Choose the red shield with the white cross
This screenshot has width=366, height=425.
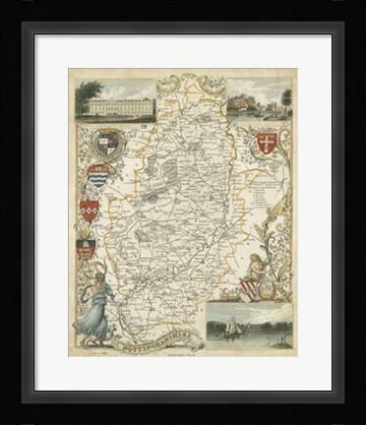tap(263, 144)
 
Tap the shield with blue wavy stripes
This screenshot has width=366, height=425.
tap(97, 177)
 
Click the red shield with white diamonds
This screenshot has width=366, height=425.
tap(90, 210)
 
